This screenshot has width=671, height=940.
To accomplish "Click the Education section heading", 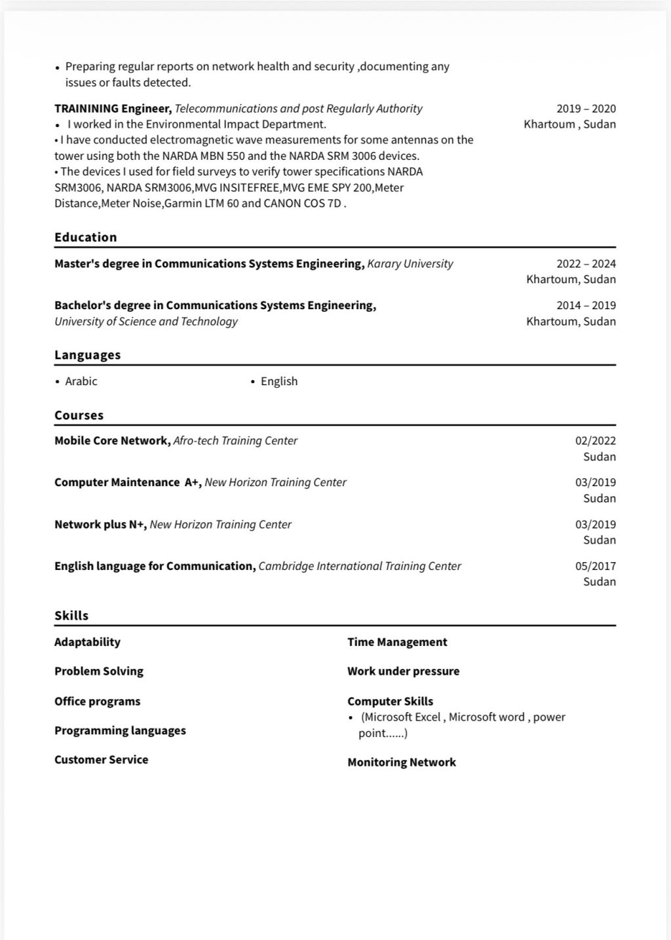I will pyautogui.click(x=86, y=237).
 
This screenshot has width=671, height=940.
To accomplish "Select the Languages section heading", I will pyautogui.click(x=88, y=355).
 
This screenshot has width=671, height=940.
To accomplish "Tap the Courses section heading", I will pyautogui.click(x=79, y=415).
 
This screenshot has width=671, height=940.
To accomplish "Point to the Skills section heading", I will pyautogui.click(x=71, y=616).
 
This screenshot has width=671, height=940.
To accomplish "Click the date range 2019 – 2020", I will pyautogui.click(x=586, y=109).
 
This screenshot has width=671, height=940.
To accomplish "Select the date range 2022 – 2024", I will pyautogui.click(x=586, y=263).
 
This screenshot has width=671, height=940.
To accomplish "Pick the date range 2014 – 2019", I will pyautogui.click(x=586, y=305).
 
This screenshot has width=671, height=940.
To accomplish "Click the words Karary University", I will pyautogui.click(x=410, y=263).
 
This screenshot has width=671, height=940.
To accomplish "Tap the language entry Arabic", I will pyautogui.click(x=81, y=381).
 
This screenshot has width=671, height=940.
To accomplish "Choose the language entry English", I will pyautogui.click(x=279, y=381).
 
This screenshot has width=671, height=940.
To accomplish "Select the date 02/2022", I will pyautogui.click(x=595, y=441).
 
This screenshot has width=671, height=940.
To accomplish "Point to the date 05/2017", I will pyautogui.click(x=595, y=566).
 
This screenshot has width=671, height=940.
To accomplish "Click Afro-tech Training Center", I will pyautogui.click(x=235, y=441).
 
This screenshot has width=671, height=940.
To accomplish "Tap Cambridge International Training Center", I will pyautogui.click(x=360, y=566).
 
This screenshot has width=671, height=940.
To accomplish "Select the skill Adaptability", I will pyautogui.click(x=88, y=642).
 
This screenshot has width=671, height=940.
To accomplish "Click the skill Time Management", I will pyautogui.click(x=397, y=642).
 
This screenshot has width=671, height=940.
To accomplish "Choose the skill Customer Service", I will pyautogui.click(x=102, y=760).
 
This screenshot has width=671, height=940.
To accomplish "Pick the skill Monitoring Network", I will pyautogui.click(x=402, y=762).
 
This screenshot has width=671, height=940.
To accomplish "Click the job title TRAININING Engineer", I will pyautogui.click(x=113, y=109).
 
